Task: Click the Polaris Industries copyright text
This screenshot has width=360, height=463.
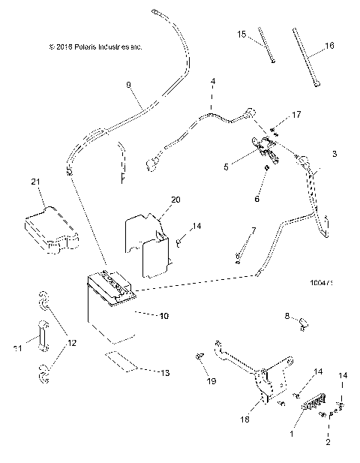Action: pyautogui.click(x=94, y=47)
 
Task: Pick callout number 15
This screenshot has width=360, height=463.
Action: pyautogui.click(x=241, y=35)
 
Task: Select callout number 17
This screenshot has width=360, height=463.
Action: pyautogui.click(x=296, y=115)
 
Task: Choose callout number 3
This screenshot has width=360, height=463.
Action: pyautogui.click(x=334, y=153)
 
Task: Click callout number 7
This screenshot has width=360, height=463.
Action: pyautogui.click(x=253, y=230)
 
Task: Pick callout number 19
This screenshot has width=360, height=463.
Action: pyautogui.click(x=211, y=381)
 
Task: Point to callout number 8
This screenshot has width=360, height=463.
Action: pyautogui.click(x=286, y=318)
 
